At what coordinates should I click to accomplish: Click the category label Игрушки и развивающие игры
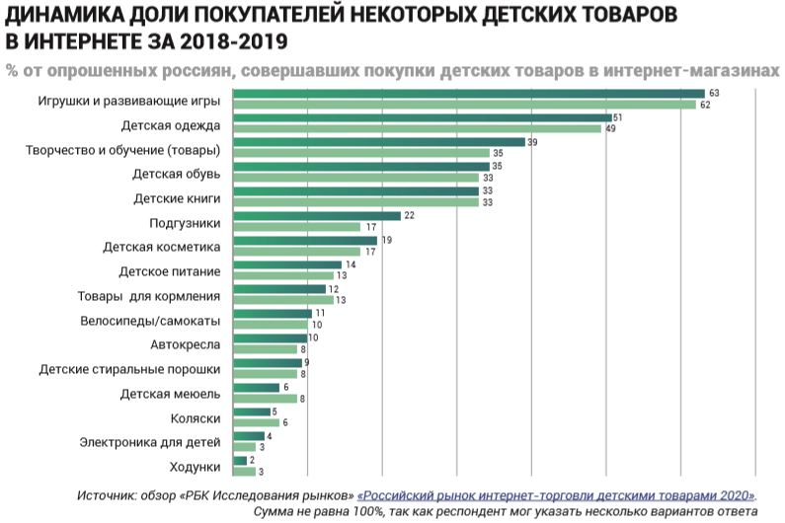129,102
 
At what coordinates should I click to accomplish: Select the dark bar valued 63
468,94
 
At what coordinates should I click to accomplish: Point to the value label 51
617,117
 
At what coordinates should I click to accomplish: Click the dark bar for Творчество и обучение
378,142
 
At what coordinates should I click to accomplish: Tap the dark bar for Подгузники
316,215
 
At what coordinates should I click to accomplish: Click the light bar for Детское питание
282,276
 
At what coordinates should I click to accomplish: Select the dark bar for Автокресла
270,337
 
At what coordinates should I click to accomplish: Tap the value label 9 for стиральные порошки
307,362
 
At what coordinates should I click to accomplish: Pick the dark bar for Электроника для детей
247,435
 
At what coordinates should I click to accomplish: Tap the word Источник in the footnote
105,494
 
